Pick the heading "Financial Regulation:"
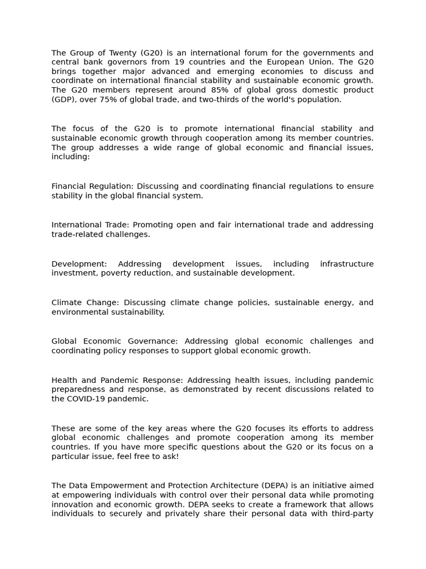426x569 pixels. [93, 186]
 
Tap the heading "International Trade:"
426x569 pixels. [91, 225]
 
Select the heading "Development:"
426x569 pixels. [79, 264]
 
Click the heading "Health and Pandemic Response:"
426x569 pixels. [118, 380]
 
